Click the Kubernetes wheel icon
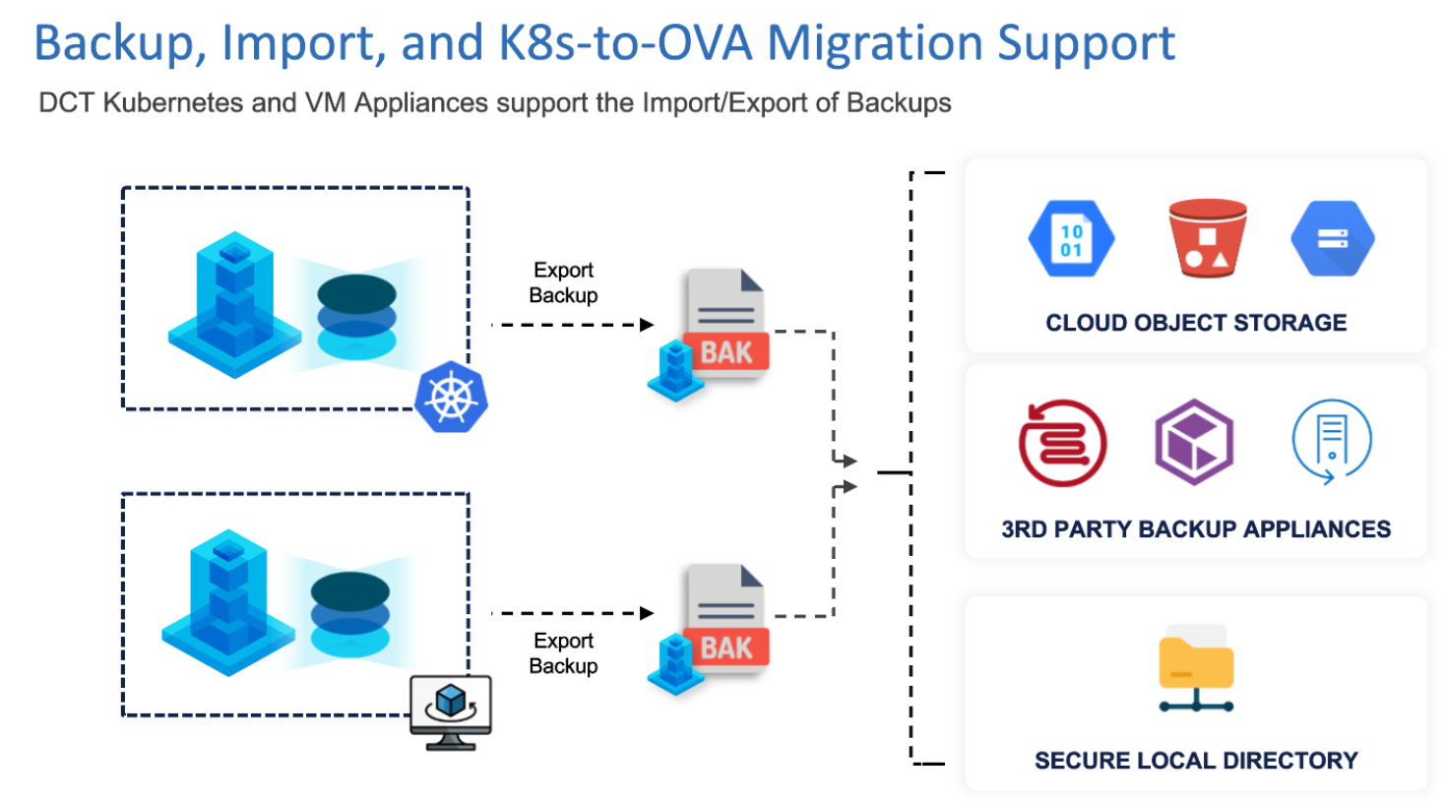click(451, 397)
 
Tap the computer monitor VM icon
click(451, 710)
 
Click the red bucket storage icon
click(1207, 238)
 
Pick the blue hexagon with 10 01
click(1071, 239)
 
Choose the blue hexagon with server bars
click(1332, 239)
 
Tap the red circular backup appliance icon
click(1062, 443)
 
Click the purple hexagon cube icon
click(1194, 442)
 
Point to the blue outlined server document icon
click(1331, 441)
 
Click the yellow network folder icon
click(1196, 668)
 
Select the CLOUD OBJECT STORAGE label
click(1196, 323)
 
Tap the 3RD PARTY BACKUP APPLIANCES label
click(1196, 529)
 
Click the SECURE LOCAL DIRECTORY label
click(1196, 761)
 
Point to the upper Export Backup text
click(563, 282)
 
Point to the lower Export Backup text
click(563, 653)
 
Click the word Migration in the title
click(876, 43)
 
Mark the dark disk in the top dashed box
click(356, 293)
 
